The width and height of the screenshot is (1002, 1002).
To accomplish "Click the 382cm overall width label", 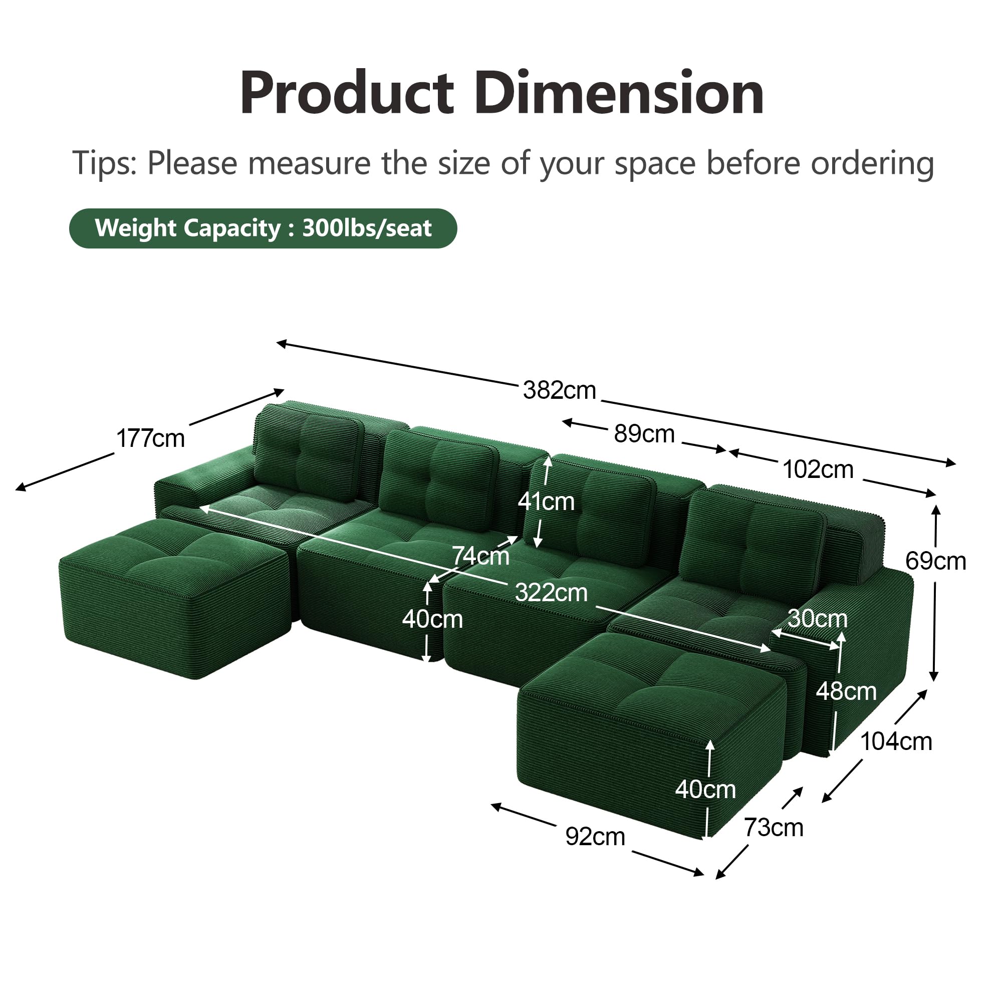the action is (559, 390).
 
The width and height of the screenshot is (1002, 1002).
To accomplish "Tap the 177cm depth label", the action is (150, 439).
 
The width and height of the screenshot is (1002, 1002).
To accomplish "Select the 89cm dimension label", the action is (644, 433).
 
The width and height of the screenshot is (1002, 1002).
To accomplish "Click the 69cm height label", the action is (935, 561).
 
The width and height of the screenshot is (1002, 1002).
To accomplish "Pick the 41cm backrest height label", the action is (546, 502).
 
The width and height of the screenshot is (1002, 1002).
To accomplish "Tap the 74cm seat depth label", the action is (481, 556).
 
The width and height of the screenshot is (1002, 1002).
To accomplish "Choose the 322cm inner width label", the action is (551, 592).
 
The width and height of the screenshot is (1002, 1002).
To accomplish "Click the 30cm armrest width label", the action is (817, 618).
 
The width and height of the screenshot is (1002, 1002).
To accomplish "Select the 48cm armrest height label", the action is (846, 691).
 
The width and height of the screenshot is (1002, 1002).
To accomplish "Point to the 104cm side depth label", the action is (896, 741).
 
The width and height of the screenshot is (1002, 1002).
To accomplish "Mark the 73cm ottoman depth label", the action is (774, 827).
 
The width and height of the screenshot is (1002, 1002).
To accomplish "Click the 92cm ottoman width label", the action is (595, 837).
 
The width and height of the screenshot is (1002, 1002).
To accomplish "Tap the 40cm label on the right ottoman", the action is (705, 790).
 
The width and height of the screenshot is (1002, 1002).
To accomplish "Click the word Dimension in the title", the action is (619, 93).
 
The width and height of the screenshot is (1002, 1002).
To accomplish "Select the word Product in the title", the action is (347, 93).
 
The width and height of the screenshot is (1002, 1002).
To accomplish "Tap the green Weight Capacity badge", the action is (263, 228).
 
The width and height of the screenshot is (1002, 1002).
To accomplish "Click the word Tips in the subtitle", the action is (103, 163).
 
